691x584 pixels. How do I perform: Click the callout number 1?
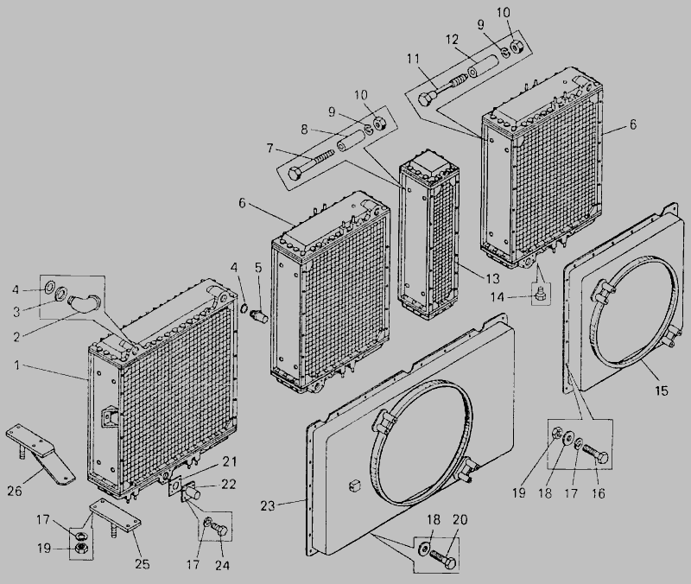(x=17, y=365)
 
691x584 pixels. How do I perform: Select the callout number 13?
(x=492, y=278)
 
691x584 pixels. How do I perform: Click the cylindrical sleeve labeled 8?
(x=350, y=141)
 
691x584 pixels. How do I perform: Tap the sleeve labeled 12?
(x=483, y=65)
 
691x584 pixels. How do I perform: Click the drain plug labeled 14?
(x=541, y=295)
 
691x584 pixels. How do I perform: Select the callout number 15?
(x=662, y=390)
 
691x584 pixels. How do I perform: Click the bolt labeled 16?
(x=596, y=454)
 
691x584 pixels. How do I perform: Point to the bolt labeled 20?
(x=444, y=558)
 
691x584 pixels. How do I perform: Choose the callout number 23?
(x=268, y=506)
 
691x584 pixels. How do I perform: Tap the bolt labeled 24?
(x=220, y=529)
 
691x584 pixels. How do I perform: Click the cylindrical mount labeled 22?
(x=192, y=492)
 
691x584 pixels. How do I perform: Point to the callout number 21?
(x=229, y=461)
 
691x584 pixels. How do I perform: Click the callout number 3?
(x=16, y=312)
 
